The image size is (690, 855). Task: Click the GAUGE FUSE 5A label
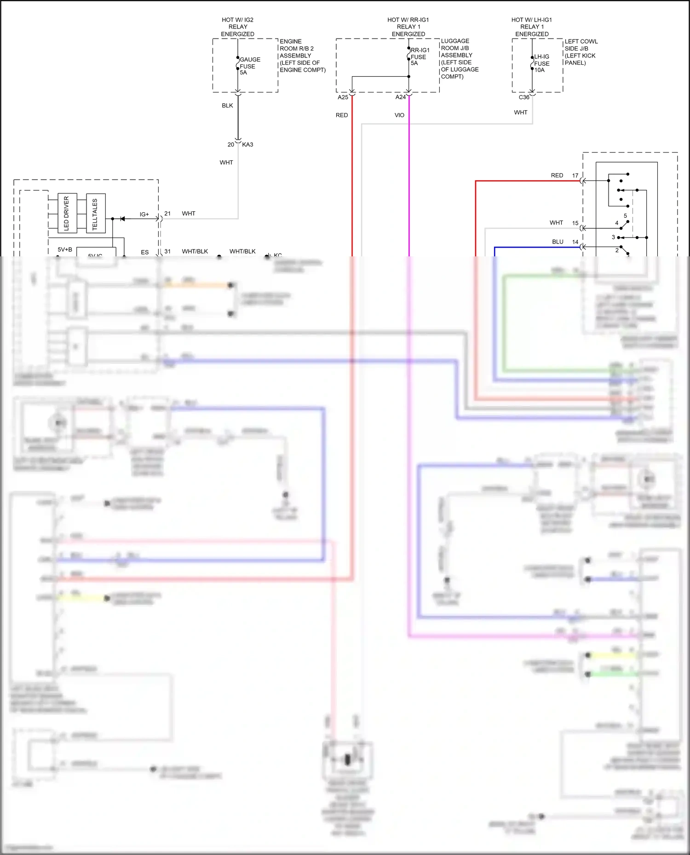249,66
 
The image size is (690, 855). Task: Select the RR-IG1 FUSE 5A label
419,57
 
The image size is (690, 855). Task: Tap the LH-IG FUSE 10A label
541,63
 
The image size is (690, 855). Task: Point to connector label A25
343,97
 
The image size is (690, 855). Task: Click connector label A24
401,97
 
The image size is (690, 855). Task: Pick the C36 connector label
524,97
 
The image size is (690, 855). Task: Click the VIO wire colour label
399,115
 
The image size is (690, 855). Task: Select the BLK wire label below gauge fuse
227,106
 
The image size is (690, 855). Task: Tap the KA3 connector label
247,145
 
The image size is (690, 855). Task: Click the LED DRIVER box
67,213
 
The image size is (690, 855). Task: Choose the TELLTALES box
96,214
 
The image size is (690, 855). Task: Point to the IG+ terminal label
144,215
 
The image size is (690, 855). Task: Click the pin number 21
167,214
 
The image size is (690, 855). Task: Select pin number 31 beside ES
167,252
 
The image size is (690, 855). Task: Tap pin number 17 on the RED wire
575,176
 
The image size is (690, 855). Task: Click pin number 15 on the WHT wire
575,223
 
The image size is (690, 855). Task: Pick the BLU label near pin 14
558,242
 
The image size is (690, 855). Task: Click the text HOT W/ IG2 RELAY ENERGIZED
237,27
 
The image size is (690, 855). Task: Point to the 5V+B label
65,249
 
